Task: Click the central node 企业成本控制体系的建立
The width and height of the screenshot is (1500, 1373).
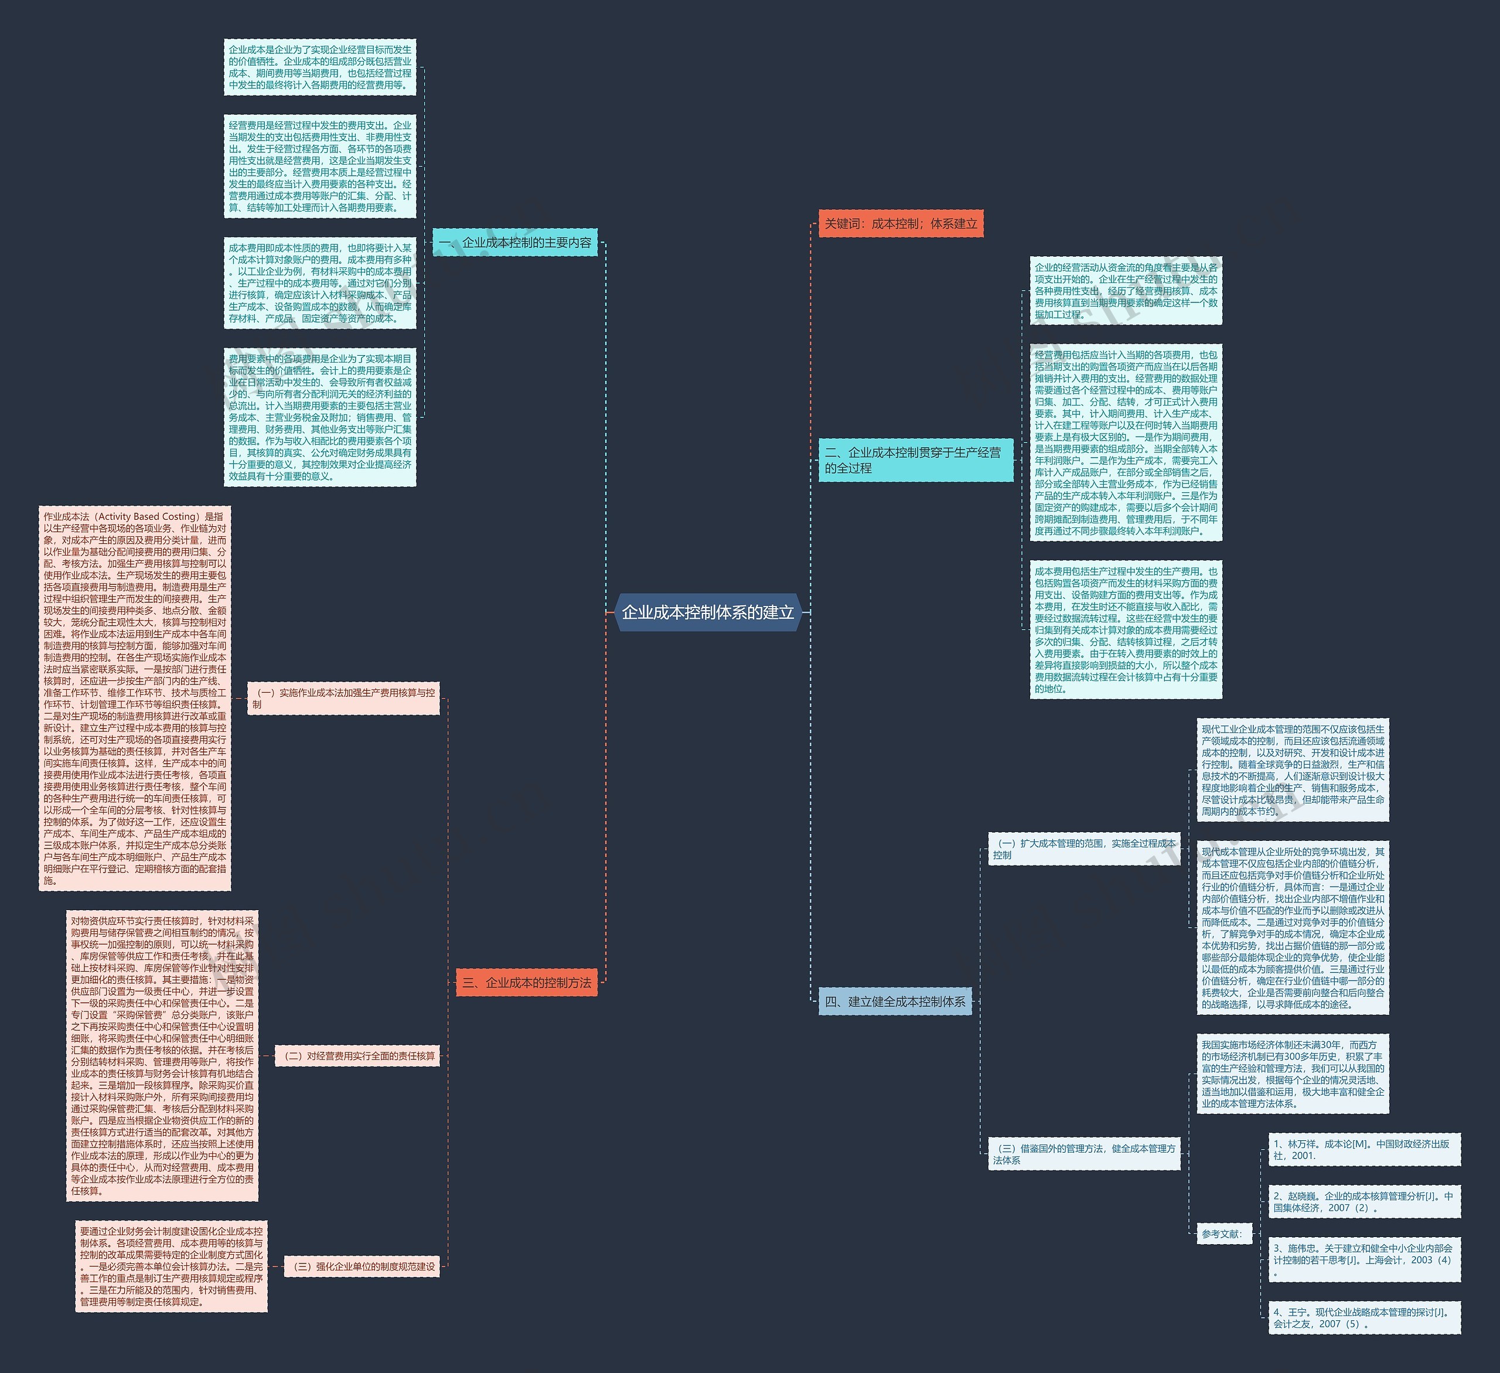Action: click(708, 612)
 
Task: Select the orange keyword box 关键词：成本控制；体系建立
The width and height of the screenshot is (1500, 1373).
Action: click(901, 223)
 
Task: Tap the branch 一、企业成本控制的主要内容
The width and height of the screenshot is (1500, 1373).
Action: click(515, 243)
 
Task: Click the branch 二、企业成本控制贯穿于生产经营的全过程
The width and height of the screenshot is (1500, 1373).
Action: click(915, 460)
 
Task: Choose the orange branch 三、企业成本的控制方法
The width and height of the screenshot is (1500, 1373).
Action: click(527, 982)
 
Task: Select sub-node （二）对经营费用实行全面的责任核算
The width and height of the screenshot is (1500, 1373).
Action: click(358, 1055)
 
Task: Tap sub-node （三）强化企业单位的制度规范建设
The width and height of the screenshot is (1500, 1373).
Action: click(362, 1266)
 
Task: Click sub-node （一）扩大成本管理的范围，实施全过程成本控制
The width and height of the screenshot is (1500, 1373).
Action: click(1083, 849)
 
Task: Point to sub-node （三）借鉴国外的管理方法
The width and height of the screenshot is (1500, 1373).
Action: click(1083, 1154)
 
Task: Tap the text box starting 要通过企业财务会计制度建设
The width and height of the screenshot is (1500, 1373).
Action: click(171, 1266)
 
